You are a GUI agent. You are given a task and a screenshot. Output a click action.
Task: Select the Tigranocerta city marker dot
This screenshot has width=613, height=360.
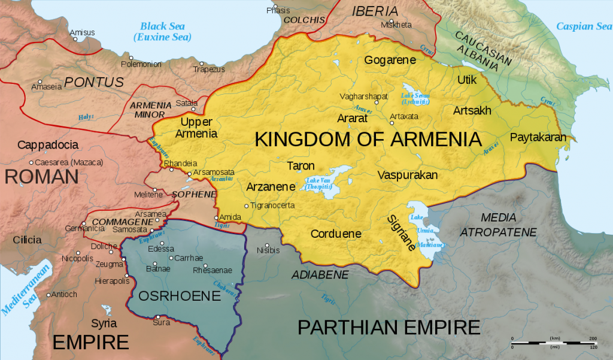point(246,206)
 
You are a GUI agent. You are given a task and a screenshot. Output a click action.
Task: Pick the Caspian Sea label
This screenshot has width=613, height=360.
point(584,26)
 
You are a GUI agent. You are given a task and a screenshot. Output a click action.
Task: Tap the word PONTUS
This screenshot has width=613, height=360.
point(94,82)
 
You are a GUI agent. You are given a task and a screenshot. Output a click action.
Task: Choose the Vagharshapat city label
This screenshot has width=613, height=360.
point(365,96)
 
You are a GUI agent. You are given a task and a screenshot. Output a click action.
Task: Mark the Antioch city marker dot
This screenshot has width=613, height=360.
point(48,295)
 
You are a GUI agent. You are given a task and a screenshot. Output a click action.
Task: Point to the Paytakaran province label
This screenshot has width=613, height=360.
point(538,137)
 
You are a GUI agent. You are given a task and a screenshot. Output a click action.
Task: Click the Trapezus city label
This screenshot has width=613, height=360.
point(209,69)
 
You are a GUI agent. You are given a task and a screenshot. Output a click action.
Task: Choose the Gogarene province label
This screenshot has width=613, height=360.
point(390,59)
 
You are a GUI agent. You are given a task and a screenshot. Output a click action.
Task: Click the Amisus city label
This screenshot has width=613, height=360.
point(82,32)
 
